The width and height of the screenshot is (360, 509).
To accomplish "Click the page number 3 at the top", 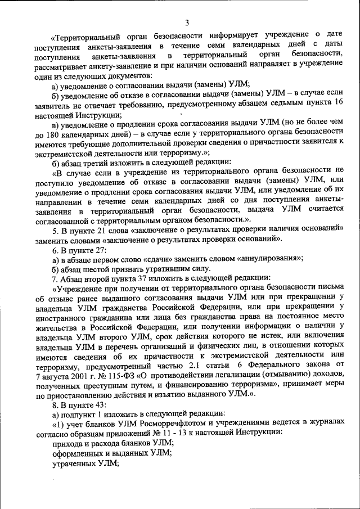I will [x=186, y=22].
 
